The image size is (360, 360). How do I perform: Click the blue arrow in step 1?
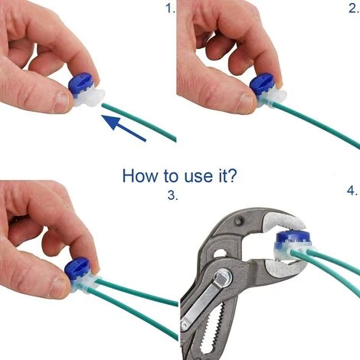(x=124, y=128)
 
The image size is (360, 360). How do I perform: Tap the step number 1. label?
(x=171, y=9)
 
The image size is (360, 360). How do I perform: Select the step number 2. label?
(x=353, y=8)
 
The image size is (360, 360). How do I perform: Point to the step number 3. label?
(x=172, y=195)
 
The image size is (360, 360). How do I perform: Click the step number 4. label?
(x=352, y=191)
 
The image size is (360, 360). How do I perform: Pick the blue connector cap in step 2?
(x=262, y=83)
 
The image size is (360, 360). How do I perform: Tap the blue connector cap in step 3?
(x=77, y=270)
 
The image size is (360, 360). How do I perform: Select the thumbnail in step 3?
(x=58, y=287)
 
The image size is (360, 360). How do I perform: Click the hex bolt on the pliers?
(x=223, y=277)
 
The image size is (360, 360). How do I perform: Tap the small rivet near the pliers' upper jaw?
(x=239, y=221)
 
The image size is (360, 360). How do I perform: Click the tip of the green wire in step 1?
(x=103, y=105)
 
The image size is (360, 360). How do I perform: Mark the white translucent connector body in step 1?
(x=90, y=99)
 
